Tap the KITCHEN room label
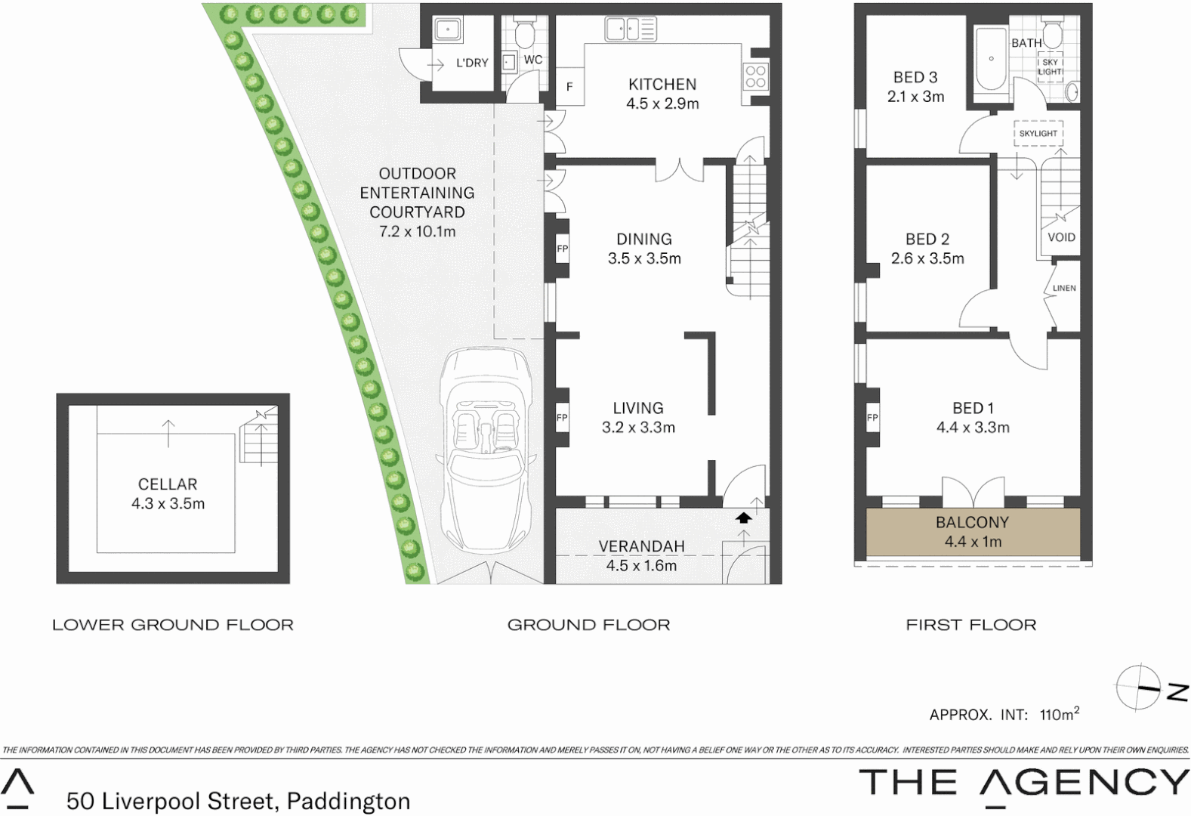coord(662,85)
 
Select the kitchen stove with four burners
coord(756,76)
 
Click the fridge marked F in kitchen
coord(569,87)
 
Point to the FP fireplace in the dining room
coord(562,249)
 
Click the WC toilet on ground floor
coord(523,33)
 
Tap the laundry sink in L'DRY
coord(448,30)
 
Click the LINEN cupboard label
coord(1063,288)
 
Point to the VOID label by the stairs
coord(1061,237)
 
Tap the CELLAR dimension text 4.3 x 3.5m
coord(168,504)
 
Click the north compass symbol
coord(1140,688)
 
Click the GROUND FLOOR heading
coord(588,625)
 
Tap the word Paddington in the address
coord(348,801)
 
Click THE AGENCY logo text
coord(1023,783)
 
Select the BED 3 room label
coord(915,77)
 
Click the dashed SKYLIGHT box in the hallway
coord(1038,133)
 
